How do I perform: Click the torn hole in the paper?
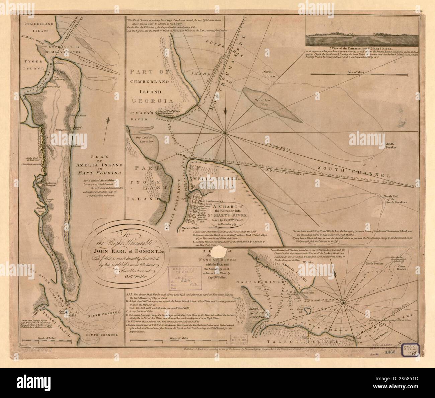pyautogui.click(x=220, y=250)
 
